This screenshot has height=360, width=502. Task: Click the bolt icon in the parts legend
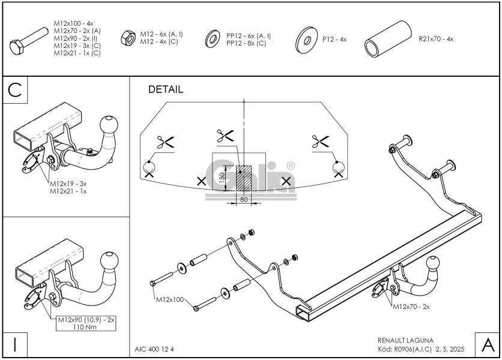click(29, 41)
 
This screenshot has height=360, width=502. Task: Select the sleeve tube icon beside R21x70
click(388, 40)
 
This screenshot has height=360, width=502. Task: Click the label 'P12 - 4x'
click(334, 39)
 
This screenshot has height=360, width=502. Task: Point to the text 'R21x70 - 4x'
click(436, 39)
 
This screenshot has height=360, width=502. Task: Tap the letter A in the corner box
click(486, 345)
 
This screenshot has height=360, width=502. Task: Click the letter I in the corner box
click(15, 345)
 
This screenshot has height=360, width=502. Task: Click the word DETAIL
click(165, 89)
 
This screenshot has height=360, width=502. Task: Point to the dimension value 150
click(222, 178)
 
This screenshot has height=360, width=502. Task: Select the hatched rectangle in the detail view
click(244, 178)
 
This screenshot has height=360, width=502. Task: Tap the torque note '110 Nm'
click(85, 328)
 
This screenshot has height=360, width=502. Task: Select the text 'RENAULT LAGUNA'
click(406, 340)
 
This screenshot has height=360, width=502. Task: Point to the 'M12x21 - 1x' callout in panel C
click(67, 191)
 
